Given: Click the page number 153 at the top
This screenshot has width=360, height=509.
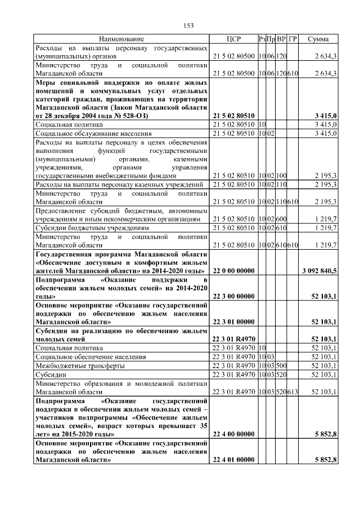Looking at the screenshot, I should coord(188,25).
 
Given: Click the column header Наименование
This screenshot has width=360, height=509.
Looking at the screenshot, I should coord(121,39).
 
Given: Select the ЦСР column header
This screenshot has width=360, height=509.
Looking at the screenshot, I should coord(233,39).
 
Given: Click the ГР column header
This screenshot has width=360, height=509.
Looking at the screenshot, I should coord(292,39).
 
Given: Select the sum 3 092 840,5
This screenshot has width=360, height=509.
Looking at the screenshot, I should coord(319,271).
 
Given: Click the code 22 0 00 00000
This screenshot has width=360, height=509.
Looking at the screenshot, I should coord(233,271).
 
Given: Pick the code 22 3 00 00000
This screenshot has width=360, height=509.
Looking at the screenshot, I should coord(233,296).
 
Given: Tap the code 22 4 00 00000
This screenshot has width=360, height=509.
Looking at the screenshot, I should coord(233,434).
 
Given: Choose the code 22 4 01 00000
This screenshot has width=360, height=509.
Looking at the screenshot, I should coord(233,460).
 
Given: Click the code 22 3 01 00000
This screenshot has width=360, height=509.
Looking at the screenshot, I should coord(233,322).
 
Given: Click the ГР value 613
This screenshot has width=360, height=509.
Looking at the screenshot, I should coord(292,391).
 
